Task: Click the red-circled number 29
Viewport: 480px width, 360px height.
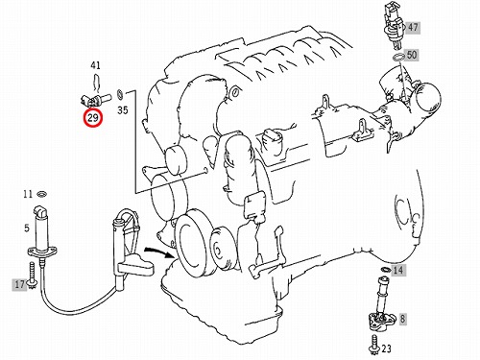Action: point(93,118)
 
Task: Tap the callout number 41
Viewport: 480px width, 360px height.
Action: point(95,65)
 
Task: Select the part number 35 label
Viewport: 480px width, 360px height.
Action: point(123,110)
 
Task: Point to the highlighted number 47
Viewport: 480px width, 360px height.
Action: point(413,27)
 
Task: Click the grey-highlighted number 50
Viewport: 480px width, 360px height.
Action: point(412,55)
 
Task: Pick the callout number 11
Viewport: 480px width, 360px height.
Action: point(28,194)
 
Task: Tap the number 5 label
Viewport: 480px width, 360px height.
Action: point(27,228)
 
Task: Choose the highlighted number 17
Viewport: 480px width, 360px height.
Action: point(20,284)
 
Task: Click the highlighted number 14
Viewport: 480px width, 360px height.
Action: point(397,271)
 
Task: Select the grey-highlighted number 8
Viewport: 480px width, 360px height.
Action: point(402,319)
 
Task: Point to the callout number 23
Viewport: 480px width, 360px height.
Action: point(387,348)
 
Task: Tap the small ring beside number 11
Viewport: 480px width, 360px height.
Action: point(42,194)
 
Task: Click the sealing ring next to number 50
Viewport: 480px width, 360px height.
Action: point(398,58)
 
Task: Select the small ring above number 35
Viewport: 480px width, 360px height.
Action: point(120,94)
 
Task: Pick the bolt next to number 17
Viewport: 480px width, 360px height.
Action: point(32,276)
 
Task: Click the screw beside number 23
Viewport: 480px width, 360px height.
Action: point(374,345)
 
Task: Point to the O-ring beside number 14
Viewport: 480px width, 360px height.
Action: point(385,270)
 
